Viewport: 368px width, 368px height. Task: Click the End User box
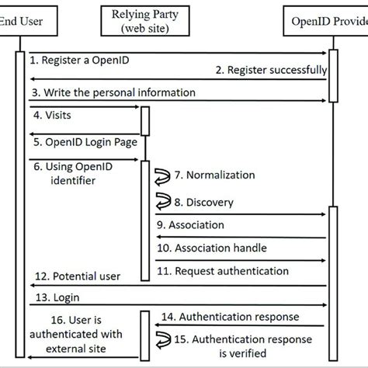click(x=20, y=23)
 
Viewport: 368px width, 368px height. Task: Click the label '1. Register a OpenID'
click(x=76, y=57)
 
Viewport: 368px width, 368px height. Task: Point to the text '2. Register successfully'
click(x=269, y=71)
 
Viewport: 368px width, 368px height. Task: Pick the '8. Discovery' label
click(x=203, y=202)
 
